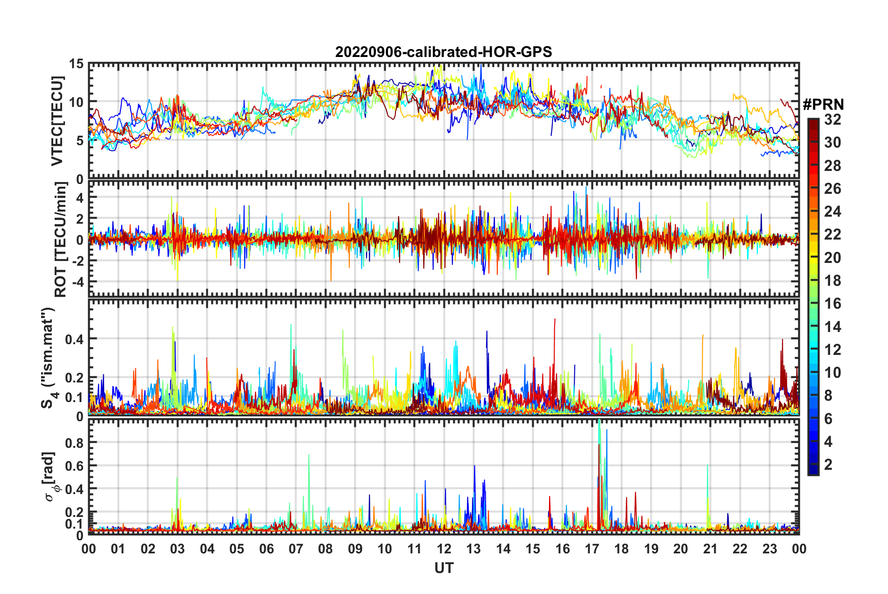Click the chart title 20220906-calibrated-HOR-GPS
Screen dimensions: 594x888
[x=444, y=52]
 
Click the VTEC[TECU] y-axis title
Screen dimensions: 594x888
[x=57, y=121]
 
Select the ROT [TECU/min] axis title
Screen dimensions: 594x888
[x=60, y=240]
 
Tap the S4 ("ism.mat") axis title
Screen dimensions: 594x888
[x=48, y=358]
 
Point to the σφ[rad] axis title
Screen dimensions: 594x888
[x=51, y=477]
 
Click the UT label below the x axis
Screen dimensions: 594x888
[x=444, y=568]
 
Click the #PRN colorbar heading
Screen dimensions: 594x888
[x=823, y=105]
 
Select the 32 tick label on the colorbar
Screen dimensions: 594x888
[x=832, y=120]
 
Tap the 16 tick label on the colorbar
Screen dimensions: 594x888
[x=832, y=304]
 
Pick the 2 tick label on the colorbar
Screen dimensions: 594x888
[x=829, y=465]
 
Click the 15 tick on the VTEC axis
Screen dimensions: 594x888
[x=77, y=64]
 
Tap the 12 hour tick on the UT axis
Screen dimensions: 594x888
[x=444, y=549]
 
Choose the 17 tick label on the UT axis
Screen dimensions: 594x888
[x=592, y=549]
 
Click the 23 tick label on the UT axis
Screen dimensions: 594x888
[x=769, y=549]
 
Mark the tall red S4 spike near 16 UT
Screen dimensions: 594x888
[x=555, y=322]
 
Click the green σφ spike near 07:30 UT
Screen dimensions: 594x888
[x=309, y=458]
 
